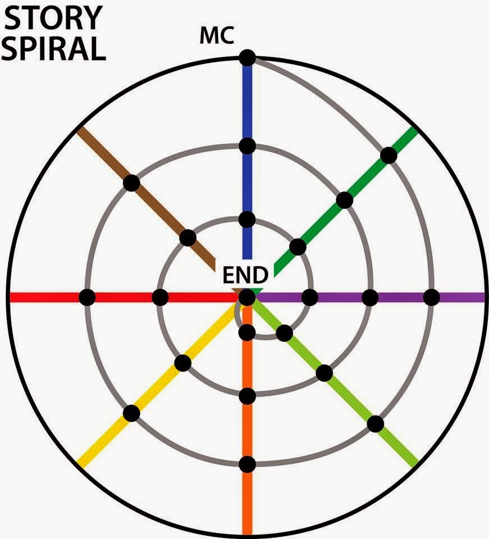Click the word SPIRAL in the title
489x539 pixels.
point(55,48)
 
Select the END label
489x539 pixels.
point(245,275)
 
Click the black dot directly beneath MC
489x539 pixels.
point(247,58)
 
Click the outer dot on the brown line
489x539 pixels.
point(131,182)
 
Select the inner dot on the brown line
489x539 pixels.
point(188,238)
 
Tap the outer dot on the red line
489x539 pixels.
point(87,297)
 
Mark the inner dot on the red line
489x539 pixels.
point(160,297)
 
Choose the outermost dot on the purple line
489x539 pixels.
point(431,297)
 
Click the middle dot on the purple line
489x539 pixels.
point(370,297)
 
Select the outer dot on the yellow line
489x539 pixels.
point(131,413)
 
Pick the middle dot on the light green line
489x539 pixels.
point(324,372)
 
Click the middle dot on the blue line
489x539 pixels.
point(247,146)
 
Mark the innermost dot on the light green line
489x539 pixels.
point(284,333)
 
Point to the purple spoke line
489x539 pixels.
point(460,297)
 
